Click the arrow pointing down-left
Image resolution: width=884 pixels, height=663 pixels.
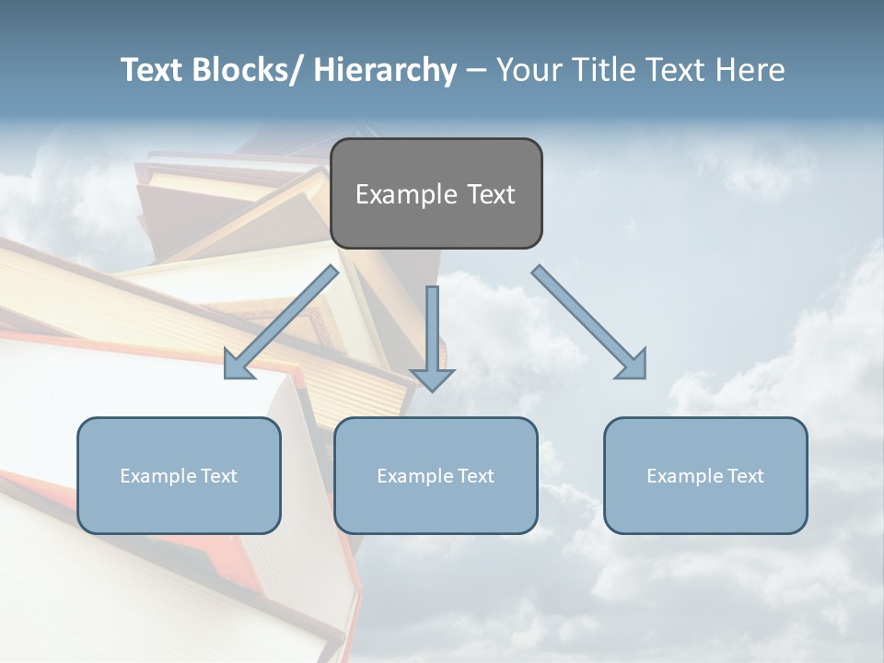(x=282, y=321)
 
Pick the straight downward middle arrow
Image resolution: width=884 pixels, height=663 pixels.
(x=432, y=337)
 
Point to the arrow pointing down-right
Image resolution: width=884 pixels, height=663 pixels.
(x=589, y=322)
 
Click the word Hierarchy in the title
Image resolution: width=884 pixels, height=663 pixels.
(x=385, y=70)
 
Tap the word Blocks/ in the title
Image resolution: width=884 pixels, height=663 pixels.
(x=249, y=70)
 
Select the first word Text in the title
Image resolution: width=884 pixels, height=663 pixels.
(x=153, y=70)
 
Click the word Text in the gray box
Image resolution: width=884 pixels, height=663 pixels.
(x=490, y=194)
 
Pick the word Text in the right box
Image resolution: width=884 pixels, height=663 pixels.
(x=744, y=476)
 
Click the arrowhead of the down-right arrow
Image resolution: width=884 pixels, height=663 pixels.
(x=632, y=365)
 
